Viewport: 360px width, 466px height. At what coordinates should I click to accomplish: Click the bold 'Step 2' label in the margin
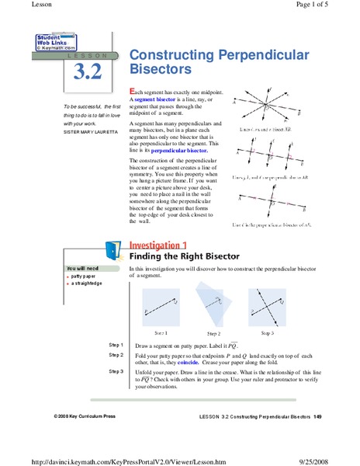[x=116, y=354]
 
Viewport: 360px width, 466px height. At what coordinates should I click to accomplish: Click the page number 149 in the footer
[x=317, y=417]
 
